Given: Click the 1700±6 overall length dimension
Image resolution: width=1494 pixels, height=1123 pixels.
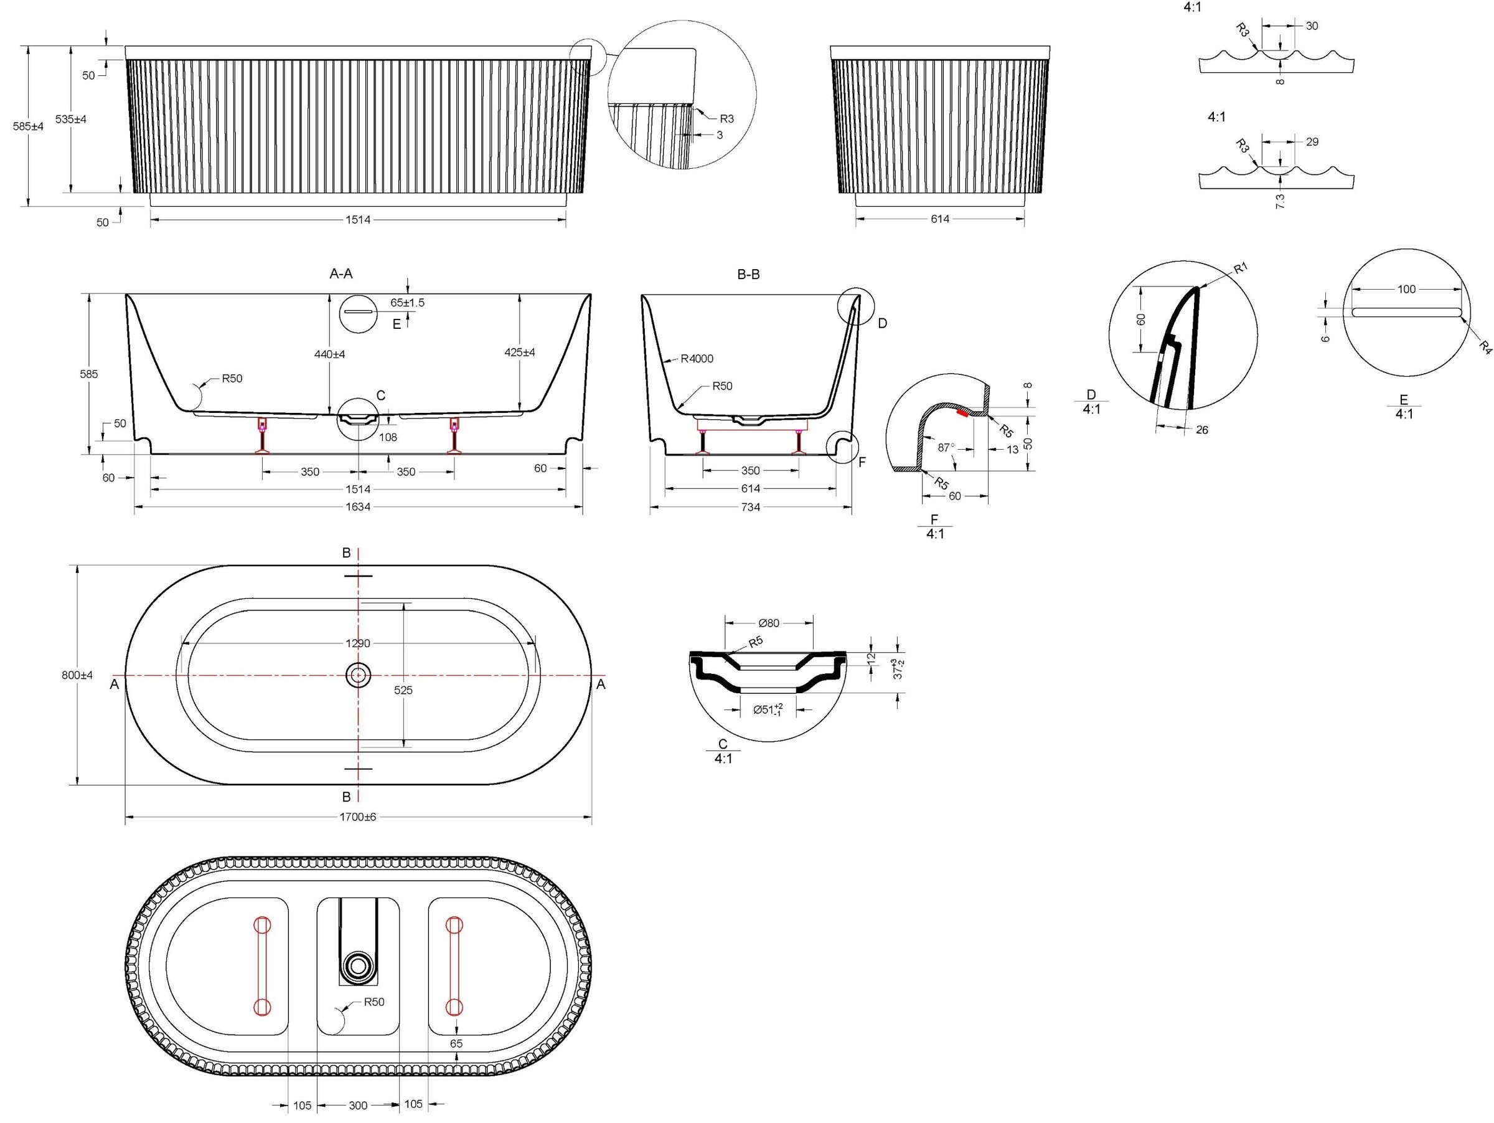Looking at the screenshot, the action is tap(358, 817).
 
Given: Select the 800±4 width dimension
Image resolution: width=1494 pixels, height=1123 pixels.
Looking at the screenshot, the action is tap(77, 675).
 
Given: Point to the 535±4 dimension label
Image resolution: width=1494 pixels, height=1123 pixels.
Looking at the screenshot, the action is tap(71, 119).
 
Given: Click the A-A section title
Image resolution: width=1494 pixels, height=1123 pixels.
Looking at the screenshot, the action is tap(341, 273).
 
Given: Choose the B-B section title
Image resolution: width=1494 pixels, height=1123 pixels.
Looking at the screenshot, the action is tap(748, 274).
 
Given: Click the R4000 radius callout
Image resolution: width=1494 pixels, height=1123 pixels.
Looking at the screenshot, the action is tap(697, 359).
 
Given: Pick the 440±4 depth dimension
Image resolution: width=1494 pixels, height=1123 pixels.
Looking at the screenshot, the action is tap(329, 354).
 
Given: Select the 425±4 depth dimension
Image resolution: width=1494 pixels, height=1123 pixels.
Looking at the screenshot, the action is tap(520, 352).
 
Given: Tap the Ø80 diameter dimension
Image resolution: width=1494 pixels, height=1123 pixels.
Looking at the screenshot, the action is tap(769, 623).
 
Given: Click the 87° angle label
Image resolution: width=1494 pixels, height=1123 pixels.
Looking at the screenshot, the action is tap(946, 447).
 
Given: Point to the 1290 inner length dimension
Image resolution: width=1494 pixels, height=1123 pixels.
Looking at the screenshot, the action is tap(358, 643).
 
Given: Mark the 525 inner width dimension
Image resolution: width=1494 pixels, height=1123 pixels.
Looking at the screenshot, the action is tap(403, 690).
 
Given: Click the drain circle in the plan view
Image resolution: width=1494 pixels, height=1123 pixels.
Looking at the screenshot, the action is tap(358, 675).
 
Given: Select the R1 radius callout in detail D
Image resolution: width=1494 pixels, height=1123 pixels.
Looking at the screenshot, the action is tap(1240, 268).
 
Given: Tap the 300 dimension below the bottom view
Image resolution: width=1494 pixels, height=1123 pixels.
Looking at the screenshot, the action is tap(358, 1106).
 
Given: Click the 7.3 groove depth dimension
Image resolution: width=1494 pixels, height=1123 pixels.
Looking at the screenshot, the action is tap(1280, 201).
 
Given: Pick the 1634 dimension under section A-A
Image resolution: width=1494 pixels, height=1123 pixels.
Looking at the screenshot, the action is tap(358, 507).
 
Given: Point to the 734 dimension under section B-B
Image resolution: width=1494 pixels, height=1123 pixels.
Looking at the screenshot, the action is tap(750, 507).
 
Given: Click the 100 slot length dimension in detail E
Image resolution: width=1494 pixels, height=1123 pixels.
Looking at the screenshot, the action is tap(1406, 289).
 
